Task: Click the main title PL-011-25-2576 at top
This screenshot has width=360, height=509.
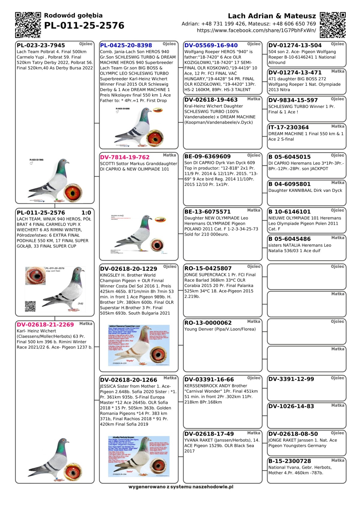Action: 84,26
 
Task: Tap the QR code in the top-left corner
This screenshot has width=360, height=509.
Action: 28,25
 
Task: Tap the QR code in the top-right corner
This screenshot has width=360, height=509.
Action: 333,25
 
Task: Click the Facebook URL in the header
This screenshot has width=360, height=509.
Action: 256,31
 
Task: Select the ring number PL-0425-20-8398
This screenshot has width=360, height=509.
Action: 126,46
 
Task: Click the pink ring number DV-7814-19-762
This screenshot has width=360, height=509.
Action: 124,157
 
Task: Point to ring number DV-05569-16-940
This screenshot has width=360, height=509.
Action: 211,46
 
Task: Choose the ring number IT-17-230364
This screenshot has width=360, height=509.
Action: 288,127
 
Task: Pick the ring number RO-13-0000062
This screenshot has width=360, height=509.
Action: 208,323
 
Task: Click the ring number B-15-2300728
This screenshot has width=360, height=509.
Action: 289,461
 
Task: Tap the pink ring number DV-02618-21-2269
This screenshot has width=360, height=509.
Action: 45,325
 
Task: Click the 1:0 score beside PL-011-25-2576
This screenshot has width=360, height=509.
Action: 86,213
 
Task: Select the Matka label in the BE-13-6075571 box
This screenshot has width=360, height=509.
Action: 253,210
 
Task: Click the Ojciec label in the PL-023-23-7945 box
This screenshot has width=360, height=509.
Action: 85,44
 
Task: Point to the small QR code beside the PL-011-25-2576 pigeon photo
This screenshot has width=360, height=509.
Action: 30,306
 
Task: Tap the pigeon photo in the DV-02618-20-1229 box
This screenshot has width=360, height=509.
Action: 139,345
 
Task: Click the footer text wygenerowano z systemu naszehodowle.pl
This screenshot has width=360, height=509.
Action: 181,487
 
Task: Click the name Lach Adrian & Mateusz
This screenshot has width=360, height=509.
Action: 272,16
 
